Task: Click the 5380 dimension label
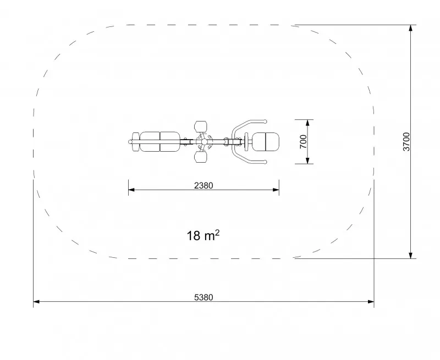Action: click(204, 297)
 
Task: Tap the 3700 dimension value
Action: click(406, 142)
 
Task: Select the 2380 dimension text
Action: click(204, 186)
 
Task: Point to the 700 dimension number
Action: click(304, 142)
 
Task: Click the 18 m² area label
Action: click(203, 235)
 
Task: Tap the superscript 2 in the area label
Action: click(217, 232)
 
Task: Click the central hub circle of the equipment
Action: click(204, 142)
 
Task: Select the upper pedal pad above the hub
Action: click(201, 126)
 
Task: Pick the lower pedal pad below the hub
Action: click(201, 157)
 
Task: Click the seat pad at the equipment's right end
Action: click(266, 142)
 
